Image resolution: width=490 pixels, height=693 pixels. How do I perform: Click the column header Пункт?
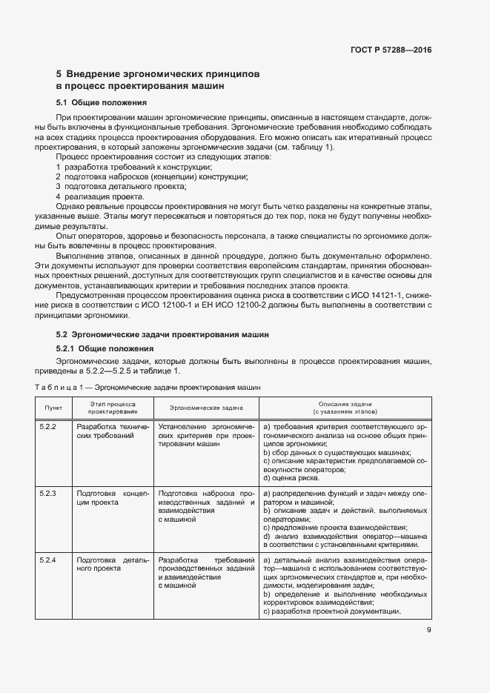pyautogui.click(x=53, y=407)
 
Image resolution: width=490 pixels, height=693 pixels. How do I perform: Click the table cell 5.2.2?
pyautogui.click(x=47, y=428)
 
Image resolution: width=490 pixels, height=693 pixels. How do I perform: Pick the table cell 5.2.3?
pyautogui.click(x=47, y=493)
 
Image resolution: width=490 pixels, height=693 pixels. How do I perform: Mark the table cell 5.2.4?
pyautogui.click(x=47, y=559)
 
